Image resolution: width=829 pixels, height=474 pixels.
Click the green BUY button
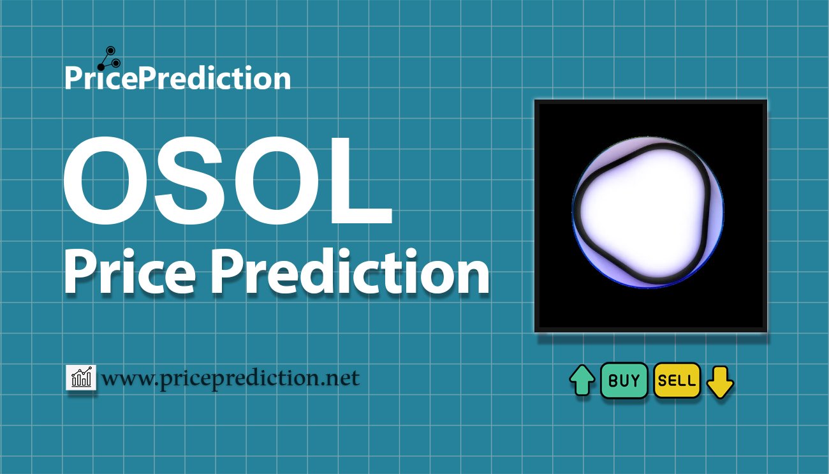point(624,380)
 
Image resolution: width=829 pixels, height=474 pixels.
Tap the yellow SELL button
point(677,380)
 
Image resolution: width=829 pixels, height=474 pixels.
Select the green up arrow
point(582,380)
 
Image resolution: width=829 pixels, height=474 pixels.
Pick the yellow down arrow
point(720,382)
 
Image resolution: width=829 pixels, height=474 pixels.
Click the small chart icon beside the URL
point(81,377)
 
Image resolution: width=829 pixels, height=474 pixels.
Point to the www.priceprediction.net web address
point(230,378)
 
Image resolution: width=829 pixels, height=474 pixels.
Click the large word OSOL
point(228,181)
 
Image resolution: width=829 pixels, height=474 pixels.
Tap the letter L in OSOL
point(362,181)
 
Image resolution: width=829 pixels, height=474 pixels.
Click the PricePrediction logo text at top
point(178,78)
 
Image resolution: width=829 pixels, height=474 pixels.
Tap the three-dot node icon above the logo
point(109,59)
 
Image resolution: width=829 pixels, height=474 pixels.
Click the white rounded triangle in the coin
point(644,212)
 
